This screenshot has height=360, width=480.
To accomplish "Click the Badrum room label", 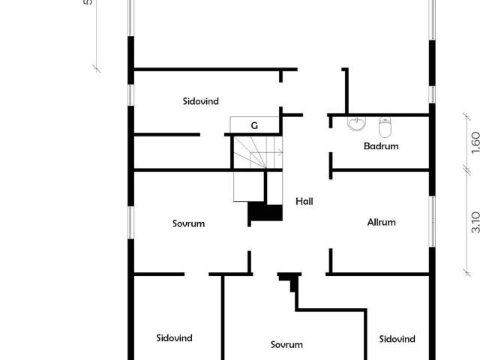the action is click(x=381, y=146).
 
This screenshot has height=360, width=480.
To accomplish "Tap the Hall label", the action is click(x=304, y=201).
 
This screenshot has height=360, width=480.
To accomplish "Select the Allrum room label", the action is click(x=382, y=222).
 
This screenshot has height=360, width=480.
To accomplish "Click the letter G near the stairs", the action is click(x=254, y=125).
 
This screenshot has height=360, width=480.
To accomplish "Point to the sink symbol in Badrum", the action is click(x=357, y=124).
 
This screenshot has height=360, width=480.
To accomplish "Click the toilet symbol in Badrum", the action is click(x=385, y=127).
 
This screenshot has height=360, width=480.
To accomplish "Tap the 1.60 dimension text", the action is click(x=475, y=142).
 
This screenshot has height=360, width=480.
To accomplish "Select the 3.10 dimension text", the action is click(x=475, y=222).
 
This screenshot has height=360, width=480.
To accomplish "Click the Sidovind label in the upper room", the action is click(x=201, y=101).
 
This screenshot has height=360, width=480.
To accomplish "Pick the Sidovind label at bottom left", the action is click(x=174, y=338).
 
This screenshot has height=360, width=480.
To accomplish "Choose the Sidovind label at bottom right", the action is click(x=397, y=339).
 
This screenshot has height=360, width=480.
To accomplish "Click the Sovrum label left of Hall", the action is click(x=188, y=223).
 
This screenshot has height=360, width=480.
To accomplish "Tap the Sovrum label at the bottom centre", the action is click(x=286, y=345).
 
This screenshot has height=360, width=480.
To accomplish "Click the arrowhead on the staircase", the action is click(x=280, y=151).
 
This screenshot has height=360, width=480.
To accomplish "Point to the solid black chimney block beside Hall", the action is click(x=265, y=211).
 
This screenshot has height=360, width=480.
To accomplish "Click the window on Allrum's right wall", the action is click(x=432, y=221).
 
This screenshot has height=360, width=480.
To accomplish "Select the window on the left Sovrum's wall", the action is click(x=130, y=223).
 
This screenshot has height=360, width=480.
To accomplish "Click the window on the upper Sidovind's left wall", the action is click(x=130, y=95).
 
